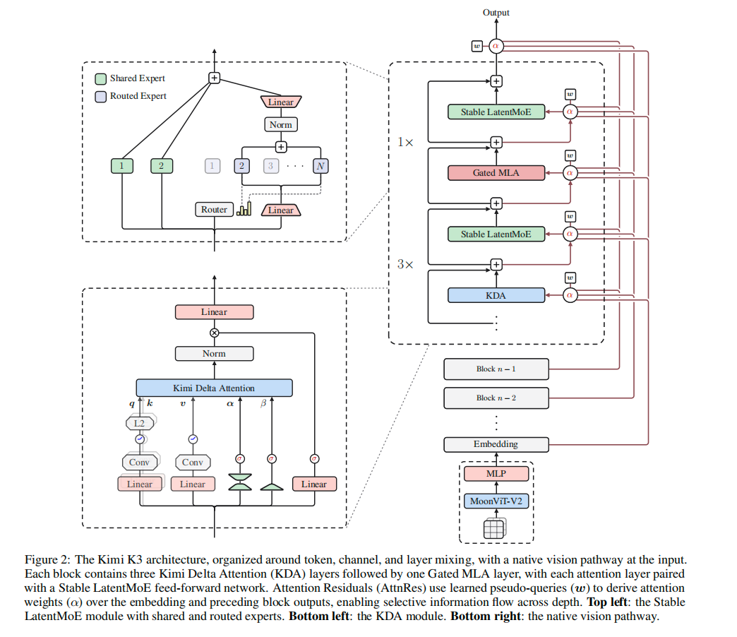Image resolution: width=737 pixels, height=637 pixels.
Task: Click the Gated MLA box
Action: [496, 173]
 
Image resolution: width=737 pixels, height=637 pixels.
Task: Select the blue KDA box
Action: [496, 295]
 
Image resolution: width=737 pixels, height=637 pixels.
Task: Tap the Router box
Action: [215, 209]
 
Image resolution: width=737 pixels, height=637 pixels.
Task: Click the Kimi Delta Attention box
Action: [215, 388]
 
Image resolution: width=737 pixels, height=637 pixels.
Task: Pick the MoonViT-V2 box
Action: [496, 501]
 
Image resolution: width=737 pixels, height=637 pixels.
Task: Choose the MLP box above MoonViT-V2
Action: [496, 473]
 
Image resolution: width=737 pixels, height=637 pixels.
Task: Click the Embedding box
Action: [496, 444]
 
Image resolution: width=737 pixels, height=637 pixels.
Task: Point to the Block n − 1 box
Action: [496, 369]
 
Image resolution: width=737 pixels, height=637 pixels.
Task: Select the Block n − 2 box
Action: [496, 398]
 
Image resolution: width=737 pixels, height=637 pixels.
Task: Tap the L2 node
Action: [140, 423]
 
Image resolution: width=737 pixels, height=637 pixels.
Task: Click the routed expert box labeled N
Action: [320, 166]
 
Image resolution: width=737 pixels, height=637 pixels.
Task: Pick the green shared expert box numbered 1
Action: [122, 166]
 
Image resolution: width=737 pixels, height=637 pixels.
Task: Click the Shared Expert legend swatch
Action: [100, 78]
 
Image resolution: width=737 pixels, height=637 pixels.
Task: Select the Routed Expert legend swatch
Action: [100, 96]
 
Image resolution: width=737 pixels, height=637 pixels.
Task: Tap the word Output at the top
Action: [496, 13]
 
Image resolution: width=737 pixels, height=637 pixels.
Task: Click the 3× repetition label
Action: [405, 264]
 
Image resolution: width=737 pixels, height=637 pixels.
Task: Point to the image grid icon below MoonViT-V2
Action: [494, 528]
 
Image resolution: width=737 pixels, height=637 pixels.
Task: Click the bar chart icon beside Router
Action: [244, 209]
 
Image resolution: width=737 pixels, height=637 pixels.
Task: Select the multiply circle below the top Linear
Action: [215, 333]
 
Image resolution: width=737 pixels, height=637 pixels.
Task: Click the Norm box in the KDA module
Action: [215, 354]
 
